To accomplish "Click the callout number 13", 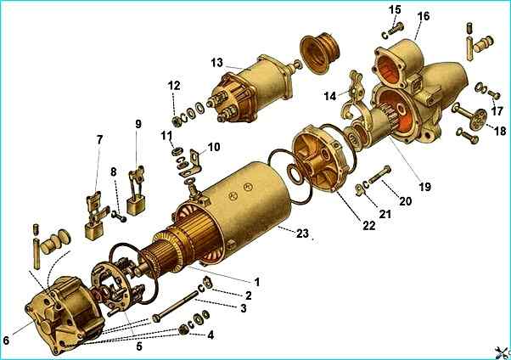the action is pos(216,63).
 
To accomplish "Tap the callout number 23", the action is pos(302,233).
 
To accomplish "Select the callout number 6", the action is pos(7,340).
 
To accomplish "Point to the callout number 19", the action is pos(424,187).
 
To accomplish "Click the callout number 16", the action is pos(423,16).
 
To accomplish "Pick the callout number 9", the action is pos(138,124).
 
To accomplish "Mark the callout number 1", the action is pos(257,282).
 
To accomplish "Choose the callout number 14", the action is pos(330,96).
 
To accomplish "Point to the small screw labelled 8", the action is pos(119,217).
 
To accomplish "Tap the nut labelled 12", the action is pos(177,121).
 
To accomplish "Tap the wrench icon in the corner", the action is pos(503,352).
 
